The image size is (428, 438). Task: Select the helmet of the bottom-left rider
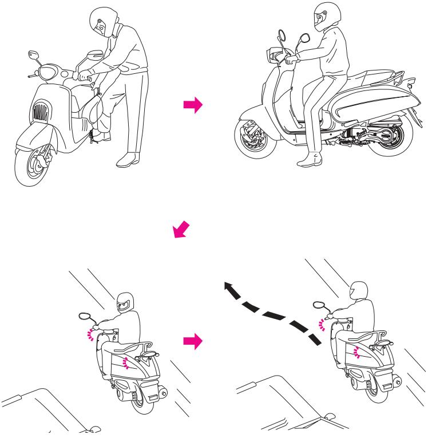click(125, 302)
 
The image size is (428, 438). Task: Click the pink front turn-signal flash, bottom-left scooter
click(90, 334)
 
